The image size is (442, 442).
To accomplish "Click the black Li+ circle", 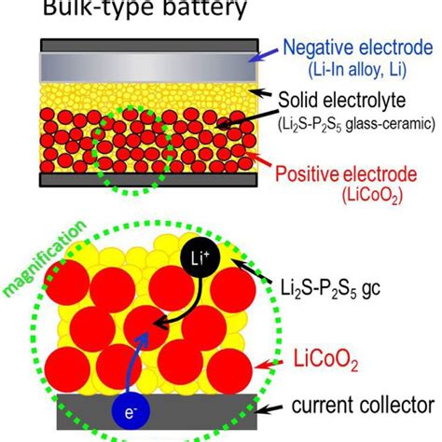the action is tap(200, 257).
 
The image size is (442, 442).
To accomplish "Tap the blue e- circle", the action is tap(131, 411).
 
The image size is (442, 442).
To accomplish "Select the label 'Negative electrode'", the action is tap(358, 48).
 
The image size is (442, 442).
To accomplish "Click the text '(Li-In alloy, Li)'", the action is tap(357, 70).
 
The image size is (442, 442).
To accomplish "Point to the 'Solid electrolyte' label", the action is tap(342, 100).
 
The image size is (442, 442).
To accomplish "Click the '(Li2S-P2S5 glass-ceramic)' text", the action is tap(356, 125).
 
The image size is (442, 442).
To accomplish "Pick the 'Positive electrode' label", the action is tap(346, 174).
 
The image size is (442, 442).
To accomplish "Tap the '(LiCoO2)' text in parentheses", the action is tap(372, 196).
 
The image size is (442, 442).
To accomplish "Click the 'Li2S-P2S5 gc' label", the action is tap(330, 288).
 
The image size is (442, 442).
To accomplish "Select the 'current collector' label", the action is tap(363, 405).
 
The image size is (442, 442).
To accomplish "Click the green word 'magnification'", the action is tap(45, 258).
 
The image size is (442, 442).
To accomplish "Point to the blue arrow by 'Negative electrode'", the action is tap(263, 55).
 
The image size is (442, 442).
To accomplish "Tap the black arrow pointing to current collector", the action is tap(269, 408).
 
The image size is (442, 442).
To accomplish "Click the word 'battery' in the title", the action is tap(205, 7).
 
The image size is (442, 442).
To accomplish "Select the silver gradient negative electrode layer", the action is tap(149, 67).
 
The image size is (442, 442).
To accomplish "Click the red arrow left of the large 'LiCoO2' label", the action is tap(269, 365).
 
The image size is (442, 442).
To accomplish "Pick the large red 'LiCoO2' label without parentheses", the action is tap(325, 361).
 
